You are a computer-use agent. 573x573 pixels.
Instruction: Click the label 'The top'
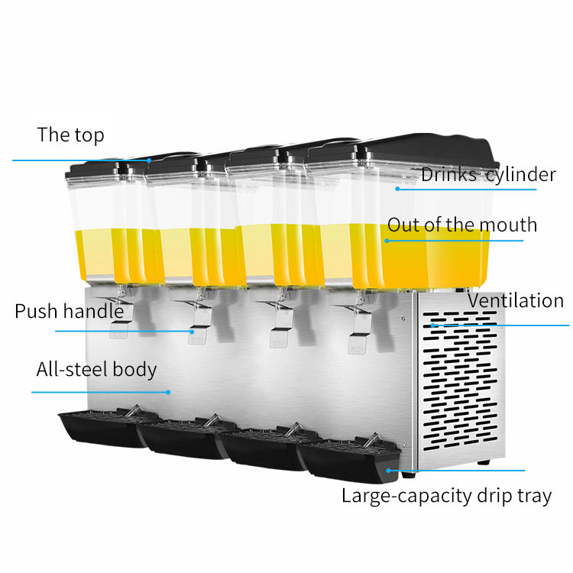[70, 136]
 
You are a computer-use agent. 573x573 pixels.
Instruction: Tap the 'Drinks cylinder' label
[488, 175]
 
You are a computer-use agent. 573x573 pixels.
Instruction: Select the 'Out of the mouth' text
[462, 225]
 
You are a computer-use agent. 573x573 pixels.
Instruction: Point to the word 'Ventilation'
[515, 300]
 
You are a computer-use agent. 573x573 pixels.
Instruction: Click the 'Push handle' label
[69, 312]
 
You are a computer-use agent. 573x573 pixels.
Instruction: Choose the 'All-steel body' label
[96, 371]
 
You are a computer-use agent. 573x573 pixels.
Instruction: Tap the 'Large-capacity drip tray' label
[446, 496]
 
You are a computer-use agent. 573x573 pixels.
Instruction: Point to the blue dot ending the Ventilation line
[432, 325]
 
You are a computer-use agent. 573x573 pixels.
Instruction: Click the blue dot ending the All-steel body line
[169, 392]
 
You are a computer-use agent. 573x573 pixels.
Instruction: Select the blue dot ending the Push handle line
[191, 331]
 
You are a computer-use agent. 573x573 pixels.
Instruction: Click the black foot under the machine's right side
[484, 462]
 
